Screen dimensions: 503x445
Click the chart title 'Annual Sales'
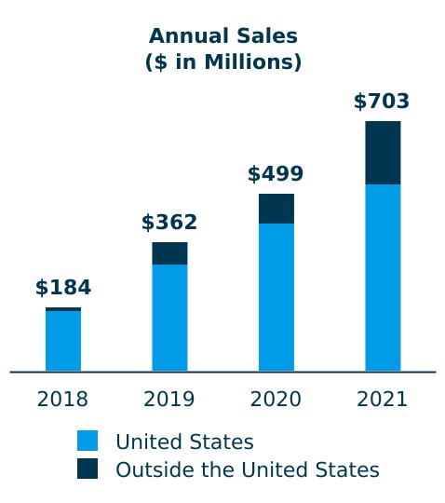pyautogui.click(x=222, y=36)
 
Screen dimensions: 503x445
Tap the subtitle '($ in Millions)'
pyautogui.click(x=222, y=62)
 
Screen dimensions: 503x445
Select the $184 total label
pyautogui.click(x=63, y=288)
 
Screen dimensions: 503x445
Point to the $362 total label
pyautogui.click(x=169, y=223)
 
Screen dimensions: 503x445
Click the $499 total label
pyautogui.click(x=276, y=174)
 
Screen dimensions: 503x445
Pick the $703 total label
pyautogui.click(x=382, y=102)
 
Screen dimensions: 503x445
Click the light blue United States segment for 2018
pyautogui.click(x=63, y=341)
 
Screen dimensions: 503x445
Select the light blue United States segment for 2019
pyautogui.click(x=169, y=318)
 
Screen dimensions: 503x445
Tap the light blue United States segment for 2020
pyautogui.click(x=276, y=297)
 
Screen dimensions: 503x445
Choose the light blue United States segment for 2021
pyautogui.click(x=383, y=278)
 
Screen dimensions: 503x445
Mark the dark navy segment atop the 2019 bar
pyautogui.click(x=169, y=253)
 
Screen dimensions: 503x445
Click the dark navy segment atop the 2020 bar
pyautogui.click(x=276, y=209)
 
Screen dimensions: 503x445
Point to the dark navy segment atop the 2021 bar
pyautogui.click(x=383, y=153)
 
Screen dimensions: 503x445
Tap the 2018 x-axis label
pyautogui.click(x=63, y=400)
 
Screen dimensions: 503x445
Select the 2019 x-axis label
pyautogui.click(x=169, y=400)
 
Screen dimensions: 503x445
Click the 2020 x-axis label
pyautogui.click(x=276, y=400)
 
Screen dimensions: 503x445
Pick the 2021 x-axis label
pyautogui.click(x=383, y=400)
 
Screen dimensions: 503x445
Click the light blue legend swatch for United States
pyautogui.click(x=88, y=442)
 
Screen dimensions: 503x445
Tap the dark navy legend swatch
pyautogui.click(x=88, y=469)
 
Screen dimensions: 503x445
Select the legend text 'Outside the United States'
pyautogui.click(x=247, y=469)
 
